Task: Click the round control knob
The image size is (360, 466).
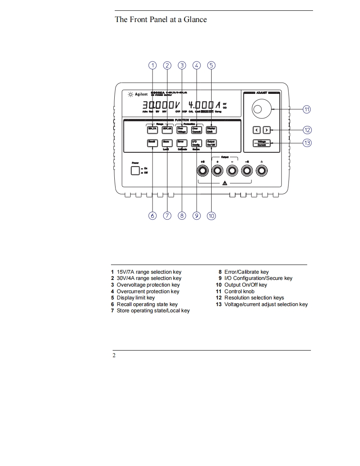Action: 258,109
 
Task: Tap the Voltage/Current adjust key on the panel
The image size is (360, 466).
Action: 262,143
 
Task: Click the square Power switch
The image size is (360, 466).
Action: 135,170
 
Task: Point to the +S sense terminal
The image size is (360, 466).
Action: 203,170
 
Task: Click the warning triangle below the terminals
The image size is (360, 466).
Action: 224,183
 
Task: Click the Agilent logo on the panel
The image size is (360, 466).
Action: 138,94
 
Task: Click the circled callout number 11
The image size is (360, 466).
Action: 306,110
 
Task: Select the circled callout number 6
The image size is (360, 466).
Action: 153,216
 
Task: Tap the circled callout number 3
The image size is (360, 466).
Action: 182,65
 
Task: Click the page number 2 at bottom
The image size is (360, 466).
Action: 113,356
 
